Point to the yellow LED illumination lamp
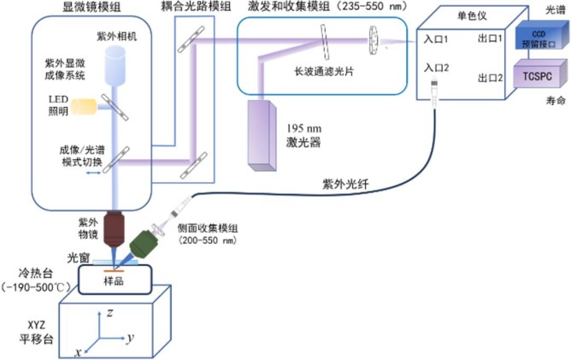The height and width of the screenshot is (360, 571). [x=85, y=107]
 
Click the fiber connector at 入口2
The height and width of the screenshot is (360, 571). [x=437, y=86]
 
